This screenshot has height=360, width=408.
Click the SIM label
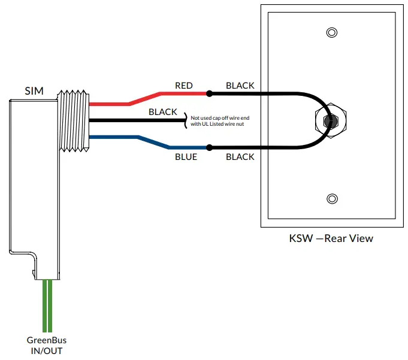coord(34,91)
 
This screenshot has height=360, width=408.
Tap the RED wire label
coord(184,86)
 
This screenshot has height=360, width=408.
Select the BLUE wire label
coord(186,157)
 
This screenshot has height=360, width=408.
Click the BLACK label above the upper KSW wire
coord(240,86)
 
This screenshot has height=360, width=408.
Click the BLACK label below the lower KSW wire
coord(240,157)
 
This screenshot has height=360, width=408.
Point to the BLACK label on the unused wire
coord(162,112)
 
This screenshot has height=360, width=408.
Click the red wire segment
coord(144,98)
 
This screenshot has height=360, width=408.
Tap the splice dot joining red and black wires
coord(209,94)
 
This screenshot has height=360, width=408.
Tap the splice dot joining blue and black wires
coord(209,147)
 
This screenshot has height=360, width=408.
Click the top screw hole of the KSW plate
coord(330,32)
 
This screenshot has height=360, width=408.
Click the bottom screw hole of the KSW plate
coord(330,199)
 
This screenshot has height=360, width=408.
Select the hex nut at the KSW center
coord(327,120)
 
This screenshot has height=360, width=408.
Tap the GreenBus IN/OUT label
coord(46,346)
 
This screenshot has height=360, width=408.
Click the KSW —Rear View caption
coord(331,238)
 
